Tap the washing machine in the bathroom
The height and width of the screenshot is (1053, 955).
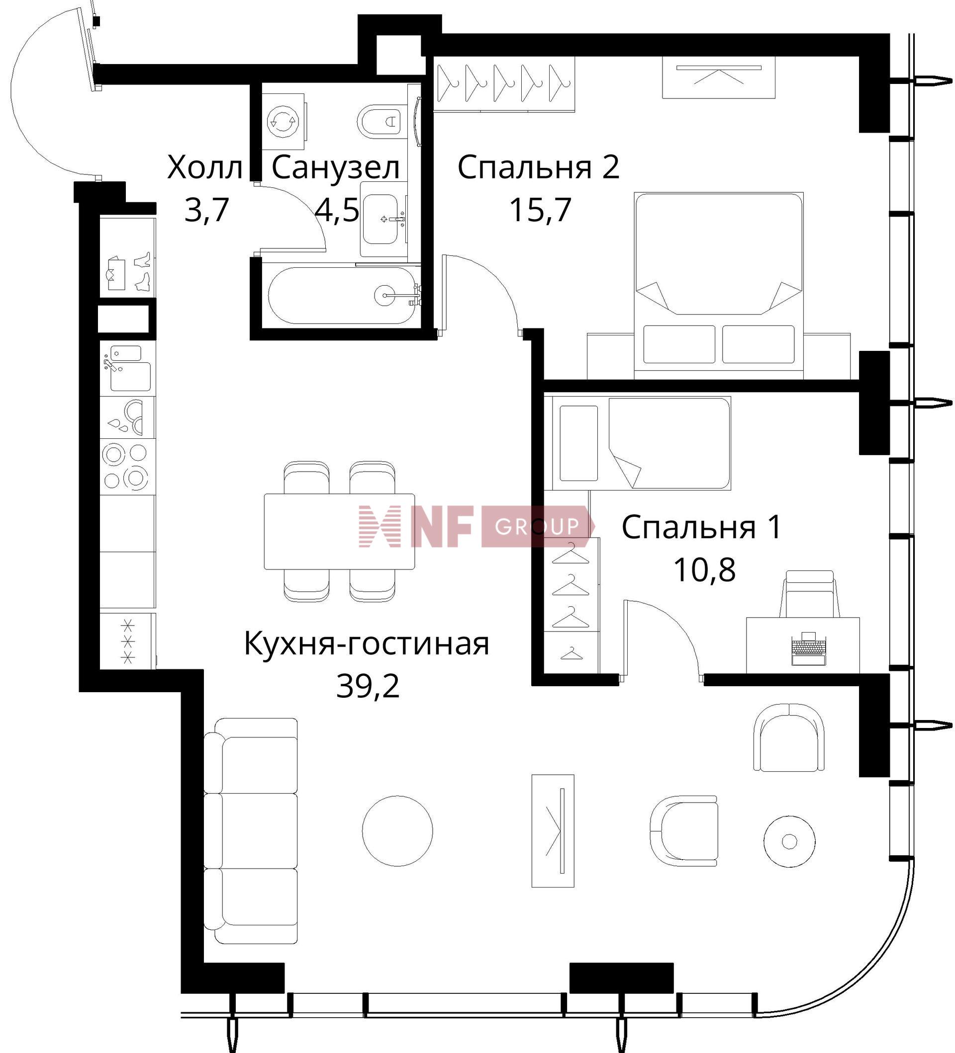(x=284, y=121)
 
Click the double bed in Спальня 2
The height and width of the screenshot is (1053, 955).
(x=718, y=285)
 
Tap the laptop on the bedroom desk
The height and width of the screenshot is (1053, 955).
(x=809, y=648)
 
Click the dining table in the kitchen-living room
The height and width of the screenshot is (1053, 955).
(x=339, y=531)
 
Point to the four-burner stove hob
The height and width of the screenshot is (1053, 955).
(x=125, y=466)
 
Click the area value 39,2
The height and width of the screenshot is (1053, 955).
(x=368, y=686)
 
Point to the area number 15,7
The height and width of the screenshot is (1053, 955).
(x=540, y=210)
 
